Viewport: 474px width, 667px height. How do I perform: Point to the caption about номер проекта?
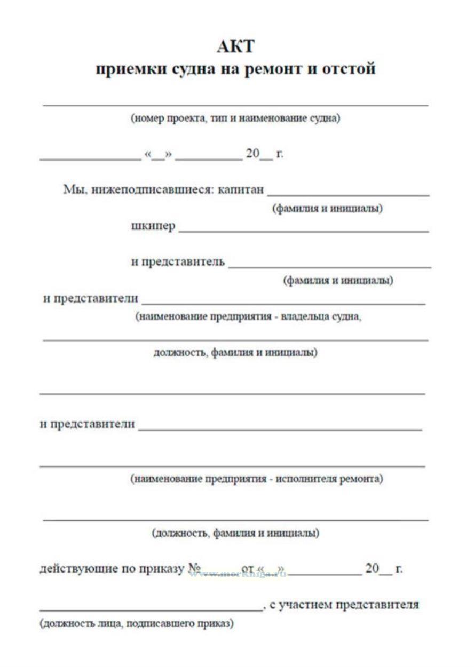[235, 118]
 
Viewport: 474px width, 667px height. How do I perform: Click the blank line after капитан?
[348, 195]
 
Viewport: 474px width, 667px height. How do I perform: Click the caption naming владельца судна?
[248, 316]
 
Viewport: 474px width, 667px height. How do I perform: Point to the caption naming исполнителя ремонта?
[257, 479]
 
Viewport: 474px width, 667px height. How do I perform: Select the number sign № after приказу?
[194, 568]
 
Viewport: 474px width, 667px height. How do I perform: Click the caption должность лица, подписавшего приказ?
[137, 623]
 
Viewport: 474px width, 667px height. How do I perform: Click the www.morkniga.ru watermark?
[238, 574]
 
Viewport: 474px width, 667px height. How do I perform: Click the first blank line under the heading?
[235, 105]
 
